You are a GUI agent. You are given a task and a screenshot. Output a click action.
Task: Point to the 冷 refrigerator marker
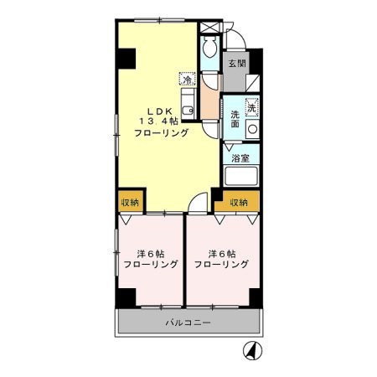(x=189, y=80)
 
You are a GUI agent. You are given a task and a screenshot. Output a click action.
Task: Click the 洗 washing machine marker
(x=251, y=106)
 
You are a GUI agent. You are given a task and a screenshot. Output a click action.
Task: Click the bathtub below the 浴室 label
(x=242, y=177)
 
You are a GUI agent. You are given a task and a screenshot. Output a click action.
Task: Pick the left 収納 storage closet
(x=129, y=202)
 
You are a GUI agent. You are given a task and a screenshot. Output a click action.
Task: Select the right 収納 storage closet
(x=238, y=202)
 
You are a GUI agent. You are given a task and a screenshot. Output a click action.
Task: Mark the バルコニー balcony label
(x=188, y=323)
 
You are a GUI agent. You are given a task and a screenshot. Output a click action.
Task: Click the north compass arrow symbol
(x=250, y=351)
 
